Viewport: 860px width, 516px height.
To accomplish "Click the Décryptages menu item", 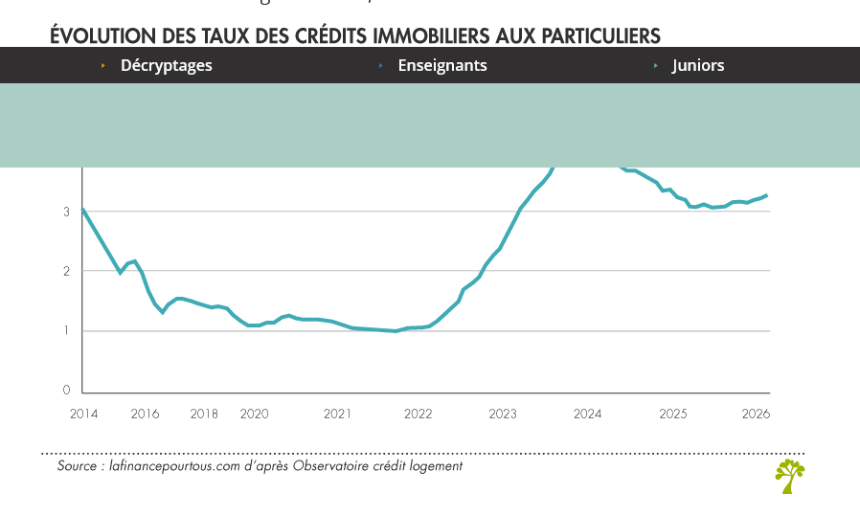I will [x=166, y=66].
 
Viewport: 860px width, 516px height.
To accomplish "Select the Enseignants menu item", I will [x=441, y=66].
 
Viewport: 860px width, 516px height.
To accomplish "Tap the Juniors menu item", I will [x=697, y=66].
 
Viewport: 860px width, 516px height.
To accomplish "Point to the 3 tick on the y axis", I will [x=67, y=212].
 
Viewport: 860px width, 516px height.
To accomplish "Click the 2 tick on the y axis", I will [x=67, y=271].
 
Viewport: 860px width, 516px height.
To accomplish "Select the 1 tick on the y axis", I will [x=67, y=331].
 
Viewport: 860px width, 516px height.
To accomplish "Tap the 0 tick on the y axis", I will [x=67, y=391].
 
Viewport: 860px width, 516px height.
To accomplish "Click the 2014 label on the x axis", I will [x=84, y=414].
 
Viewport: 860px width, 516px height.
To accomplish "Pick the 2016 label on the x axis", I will [x=145, y=414].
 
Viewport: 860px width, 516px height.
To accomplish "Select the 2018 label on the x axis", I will [x=204, y=414].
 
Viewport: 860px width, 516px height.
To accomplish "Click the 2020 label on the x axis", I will [x=254, y=414].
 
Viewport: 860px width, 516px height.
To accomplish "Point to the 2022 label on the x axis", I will [x=418, y=414].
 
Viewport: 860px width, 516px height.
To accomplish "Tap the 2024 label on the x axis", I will [x=587, y=414].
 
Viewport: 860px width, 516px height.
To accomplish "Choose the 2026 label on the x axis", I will [x=757, y=414].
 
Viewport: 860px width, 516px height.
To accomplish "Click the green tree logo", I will [x=789, y=476].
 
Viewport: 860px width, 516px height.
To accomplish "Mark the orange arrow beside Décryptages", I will [x=102, y=66].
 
